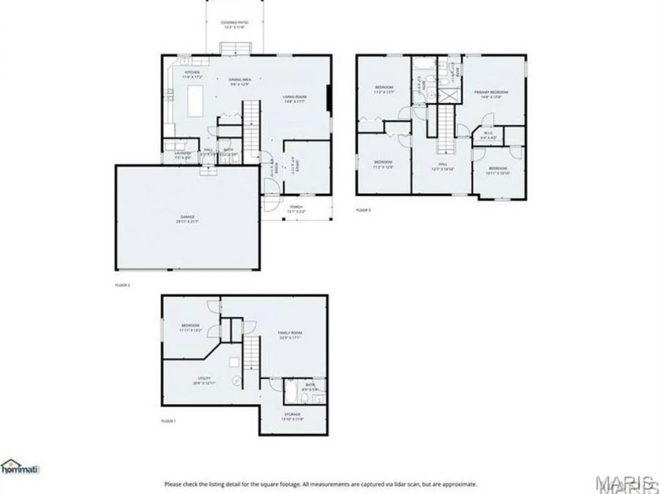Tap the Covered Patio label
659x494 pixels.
coord(235,25)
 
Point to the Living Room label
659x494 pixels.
coord(294,98)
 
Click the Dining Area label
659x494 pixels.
coord(240,81)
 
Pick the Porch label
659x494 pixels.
coord(297,209)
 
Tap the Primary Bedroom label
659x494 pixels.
coord(490,93)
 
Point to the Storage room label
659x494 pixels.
coord(292,417)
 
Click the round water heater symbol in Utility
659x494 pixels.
coord(237,381)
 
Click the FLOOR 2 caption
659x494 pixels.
coord(122,284)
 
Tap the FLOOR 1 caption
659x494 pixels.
coord(168,422)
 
